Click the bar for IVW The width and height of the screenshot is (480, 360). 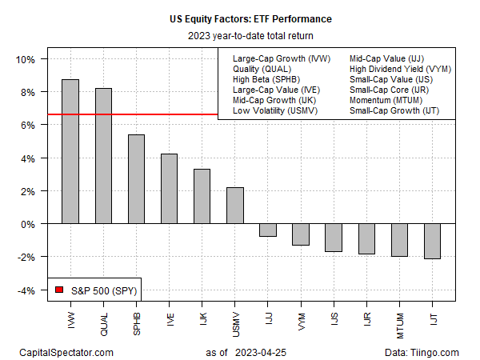coord(70,152)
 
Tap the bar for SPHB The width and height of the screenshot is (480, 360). coord(136,179)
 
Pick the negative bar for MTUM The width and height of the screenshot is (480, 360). coord(399,240)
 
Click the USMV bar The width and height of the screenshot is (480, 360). coord(234,206)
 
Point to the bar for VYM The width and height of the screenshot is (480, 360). coord(301,234)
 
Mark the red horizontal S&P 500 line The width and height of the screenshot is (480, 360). coord(128,114)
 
